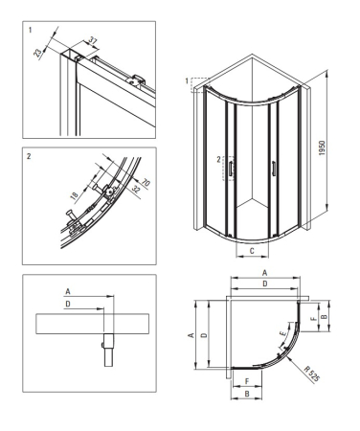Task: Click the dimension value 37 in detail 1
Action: (x=93, y=41)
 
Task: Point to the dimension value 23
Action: (x=37, y=53)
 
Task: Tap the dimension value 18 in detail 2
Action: (x=74, y=196)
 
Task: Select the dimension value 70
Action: (x=146, y=183)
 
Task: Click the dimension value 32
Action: (x=136, y=190)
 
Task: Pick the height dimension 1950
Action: (x=322, y=148)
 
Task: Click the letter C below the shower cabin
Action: (x=252, y=251)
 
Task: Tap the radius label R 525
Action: (x=311, y=374)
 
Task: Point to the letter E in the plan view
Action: (x=282, y=334)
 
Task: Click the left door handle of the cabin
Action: (x=230, y=169)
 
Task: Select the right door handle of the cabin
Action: (x=274, y=169)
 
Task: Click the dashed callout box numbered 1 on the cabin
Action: (x=199, y=85)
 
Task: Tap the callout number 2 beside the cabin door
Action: (x=219, y=160)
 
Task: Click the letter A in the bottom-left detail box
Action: (x=68, y=291)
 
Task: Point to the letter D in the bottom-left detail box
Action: (x=68, y=304)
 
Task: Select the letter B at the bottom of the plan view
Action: (x=247, y=394)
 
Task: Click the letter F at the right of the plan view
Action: (x=314, y=318)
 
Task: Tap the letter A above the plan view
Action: (x=264, y=273)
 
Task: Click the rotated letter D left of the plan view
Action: (x=205, y=335)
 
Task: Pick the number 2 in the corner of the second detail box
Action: (x=29, y=156)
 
